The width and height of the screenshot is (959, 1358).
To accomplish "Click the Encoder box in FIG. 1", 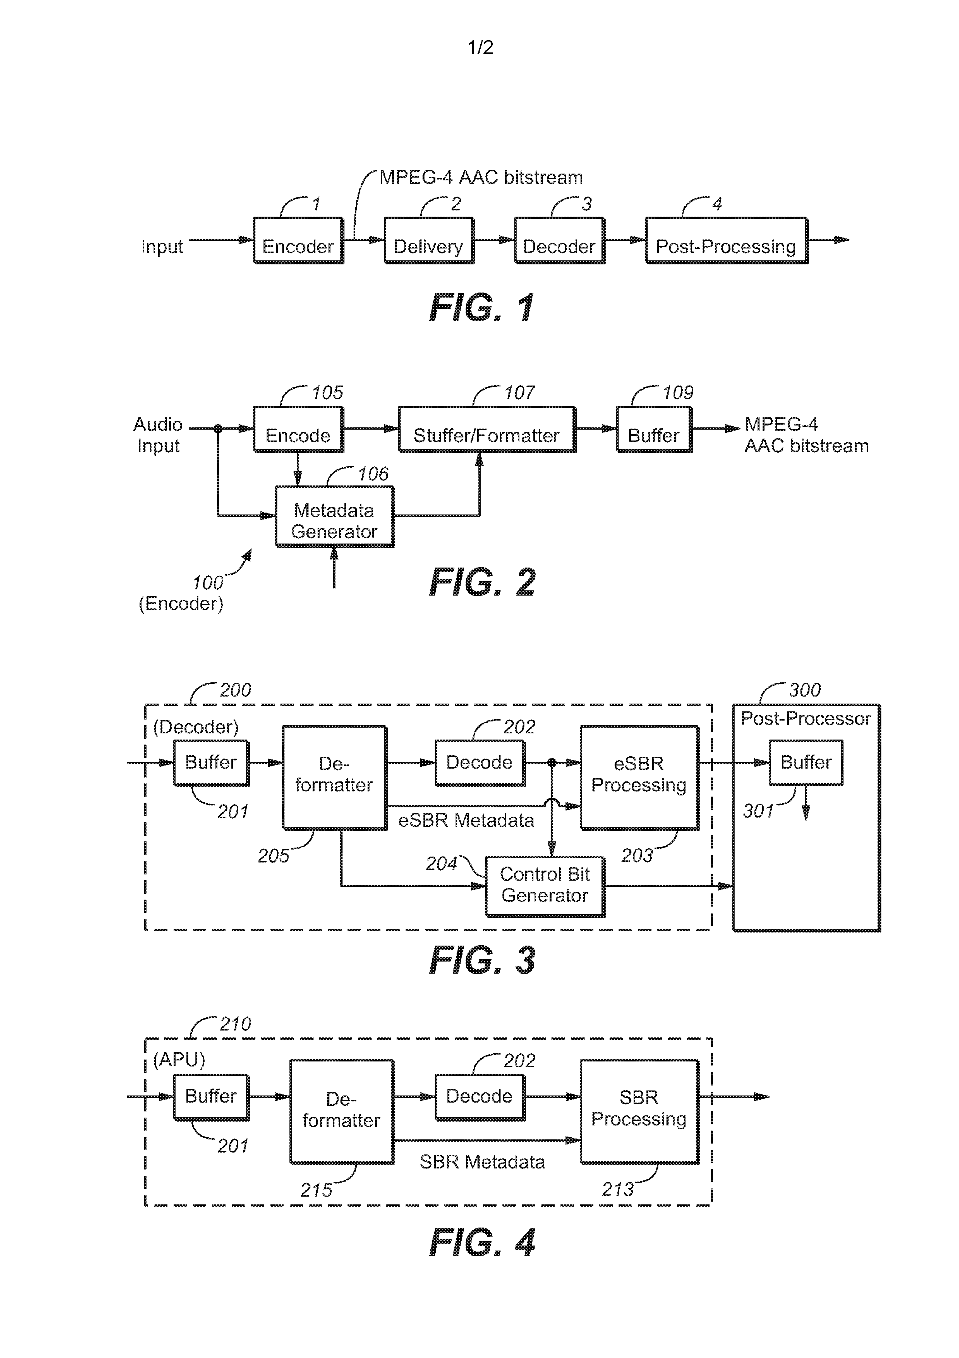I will (x=298, y=241).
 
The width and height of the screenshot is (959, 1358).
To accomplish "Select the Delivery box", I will (x=429, y=241).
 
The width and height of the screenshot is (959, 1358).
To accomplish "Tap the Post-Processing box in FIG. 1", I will (x=726, y=241).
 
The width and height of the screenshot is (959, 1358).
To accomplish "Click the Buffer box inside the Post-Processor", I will (x=805, y=763).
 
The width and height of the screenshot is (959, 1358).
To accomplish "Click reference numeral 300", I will (x=805, y=690).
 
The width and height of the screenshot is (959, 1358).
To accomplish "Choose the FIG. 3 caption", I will (x=482, y=960).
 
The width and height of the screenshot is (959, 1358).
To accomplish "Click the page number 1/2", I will (x=480, y=47).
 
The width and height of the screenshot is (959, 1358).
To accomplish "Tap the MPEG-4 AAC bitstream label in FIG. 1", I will (x=481, y=177).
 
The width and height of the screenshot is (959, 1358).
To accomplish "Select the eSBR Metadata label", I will (x=466, y=820).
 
